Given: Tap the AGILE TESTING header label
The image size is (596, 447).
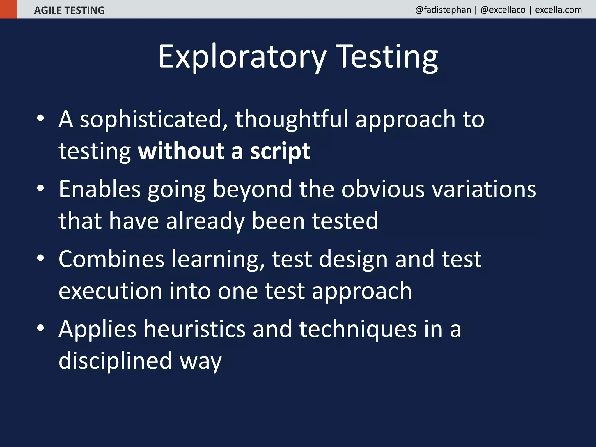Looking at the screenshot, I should click(69, 10).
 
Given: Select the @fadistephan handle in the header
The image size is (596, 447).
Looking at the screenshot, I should click(443, 10).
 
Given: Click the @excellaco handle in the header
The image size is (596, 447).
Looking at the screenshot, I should click(503, 10).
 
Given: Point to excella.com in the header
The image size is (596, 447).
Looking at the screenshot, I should click(558, 10).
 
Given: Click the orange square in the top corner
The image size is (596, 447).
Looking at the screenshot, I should click(8, 9).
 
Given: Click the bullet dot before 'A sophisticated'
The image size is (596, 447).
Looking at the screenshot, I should click(40, 118).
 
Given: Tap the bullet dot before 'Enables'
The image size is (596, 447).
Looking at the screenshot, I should click(40, 188).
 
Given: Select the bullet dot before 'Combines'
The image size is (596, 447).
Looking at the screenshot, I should click(40, 258).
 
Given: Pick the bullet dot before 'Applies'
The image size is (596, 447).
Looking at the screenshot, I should click(40, 328).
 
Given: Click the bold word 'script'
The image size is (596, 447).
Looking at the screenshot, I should click(280, 151).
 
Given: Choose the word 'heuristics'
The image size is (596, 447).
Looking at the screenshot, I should click(195, 329).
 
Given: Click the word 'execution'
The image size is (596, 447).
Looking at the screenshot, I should click(110, 291).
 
